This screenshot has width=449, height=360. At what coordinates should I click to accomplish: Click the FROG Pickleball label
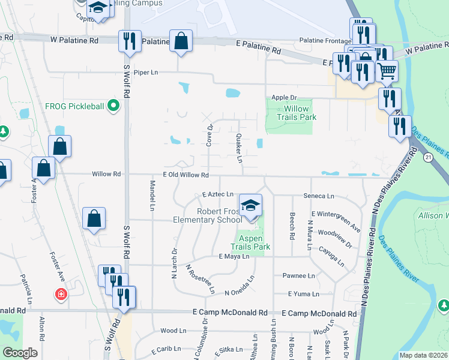(74, 106)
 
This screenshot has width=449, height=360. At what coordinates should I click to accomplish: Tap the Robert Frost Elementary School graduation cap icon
(250, 206)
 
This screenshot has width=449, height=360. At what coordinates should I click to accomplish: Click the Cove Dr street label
(210, 135)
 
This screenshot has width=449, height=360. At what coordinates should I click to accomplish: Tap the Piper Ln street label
(145, 73)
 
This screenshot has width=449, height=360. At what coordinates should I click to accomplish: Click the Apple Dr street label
(284, 97)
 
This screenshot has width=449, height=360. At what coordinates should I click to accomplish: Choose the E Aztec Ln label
(217, 194)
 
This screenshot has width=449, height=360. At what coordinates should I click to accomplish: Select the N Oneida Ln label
(240, 287)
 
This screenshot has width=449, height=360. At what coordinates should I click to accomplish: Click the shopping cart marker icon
(387, 71)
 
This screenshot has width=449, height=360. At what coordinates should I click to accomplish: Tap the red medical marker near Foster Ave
(61, 294)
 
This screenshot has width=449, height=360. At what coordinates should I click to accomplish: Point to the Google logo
(20, 353)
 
